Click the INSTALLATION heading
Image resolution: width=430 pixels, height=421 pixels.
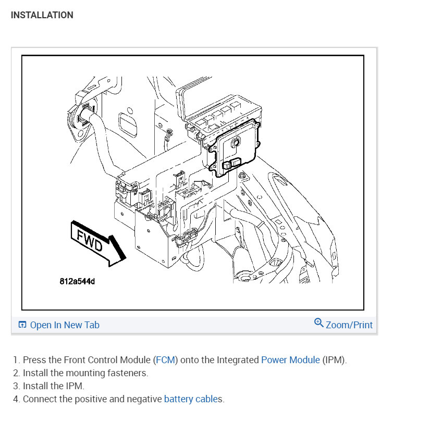click(42, 15)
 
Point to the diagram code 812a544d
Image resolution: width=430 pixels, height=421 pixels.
click(77, 282)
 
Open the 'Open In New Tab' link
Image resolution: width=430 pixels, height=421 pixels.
click(64, 325)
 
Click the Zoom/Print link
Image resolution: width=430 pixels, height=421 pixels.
click(349, 325)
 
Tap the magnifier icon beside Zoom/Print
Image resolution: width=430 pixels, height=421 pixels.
click(319, 323)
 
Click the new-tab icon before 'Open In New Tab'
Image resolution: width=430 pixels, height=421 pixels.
click(22, 325)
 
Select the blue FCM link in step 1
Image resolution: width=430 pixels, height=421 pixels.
click(167, 360)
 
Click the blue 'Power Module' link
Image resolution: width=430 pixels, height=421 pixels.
click(290, 360)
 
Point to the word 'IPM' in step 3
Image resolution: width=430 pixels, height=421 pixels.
click(75, 386)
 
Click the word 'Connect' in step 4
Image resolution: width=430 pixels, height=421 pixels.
click(40, 399)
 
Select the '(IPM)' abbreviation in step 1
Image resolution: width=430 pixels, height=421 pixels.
click(334, 360)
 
